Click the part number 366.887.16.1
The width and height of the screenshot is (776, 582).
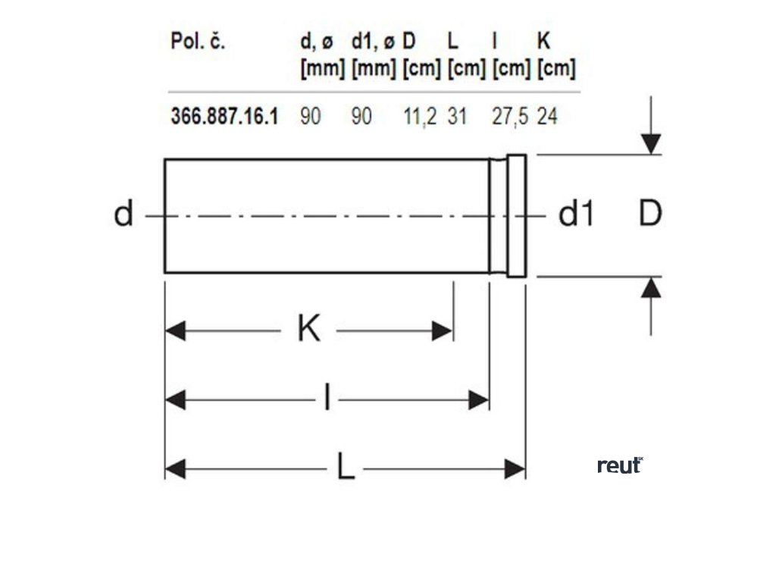[x=224, y=117]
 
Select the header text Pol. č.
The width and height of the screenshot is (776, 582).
[x=198, y=42]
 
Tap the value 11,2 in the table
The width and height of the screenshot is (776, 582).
[x=421, y=117]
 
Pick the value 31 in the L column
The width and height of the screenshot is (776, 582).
[x=457, y=117]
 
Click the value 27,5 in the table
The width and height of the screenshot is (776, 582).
[x=510, y=117]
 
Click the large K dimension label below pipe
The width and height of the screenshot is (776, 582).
[x=308, y=330]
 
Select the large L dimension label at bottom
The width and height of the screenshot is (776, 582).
[x=345, y=468]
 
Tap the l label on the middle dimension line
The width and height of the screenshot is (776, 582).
[x=327, y=399]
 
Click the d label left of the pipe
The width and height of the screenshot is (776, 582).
[x=123, y=215]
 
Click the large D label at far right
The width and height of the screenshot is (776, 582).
[x=649, y=215]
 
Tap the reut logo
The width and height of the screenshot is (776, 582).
[x=620, y=465]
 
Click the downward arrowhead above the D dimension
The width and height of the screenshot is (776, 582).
[x=650, y=143]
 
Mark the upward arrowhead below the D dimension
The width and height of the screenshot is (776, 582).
[x=650, y=288]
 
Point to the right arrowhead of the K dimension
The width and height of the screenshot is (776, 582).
[x=443, y=331]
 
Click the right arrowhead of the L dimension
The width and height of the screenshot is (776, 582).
[x=515, y=469]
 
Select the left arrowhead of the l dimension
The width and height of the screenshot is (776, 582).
[x=175, y=399]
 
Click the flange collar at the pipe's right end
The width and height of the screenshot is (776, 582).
[x=516, y=216]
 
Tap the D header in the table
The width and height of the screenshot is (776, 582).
[x=409, y=42]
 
